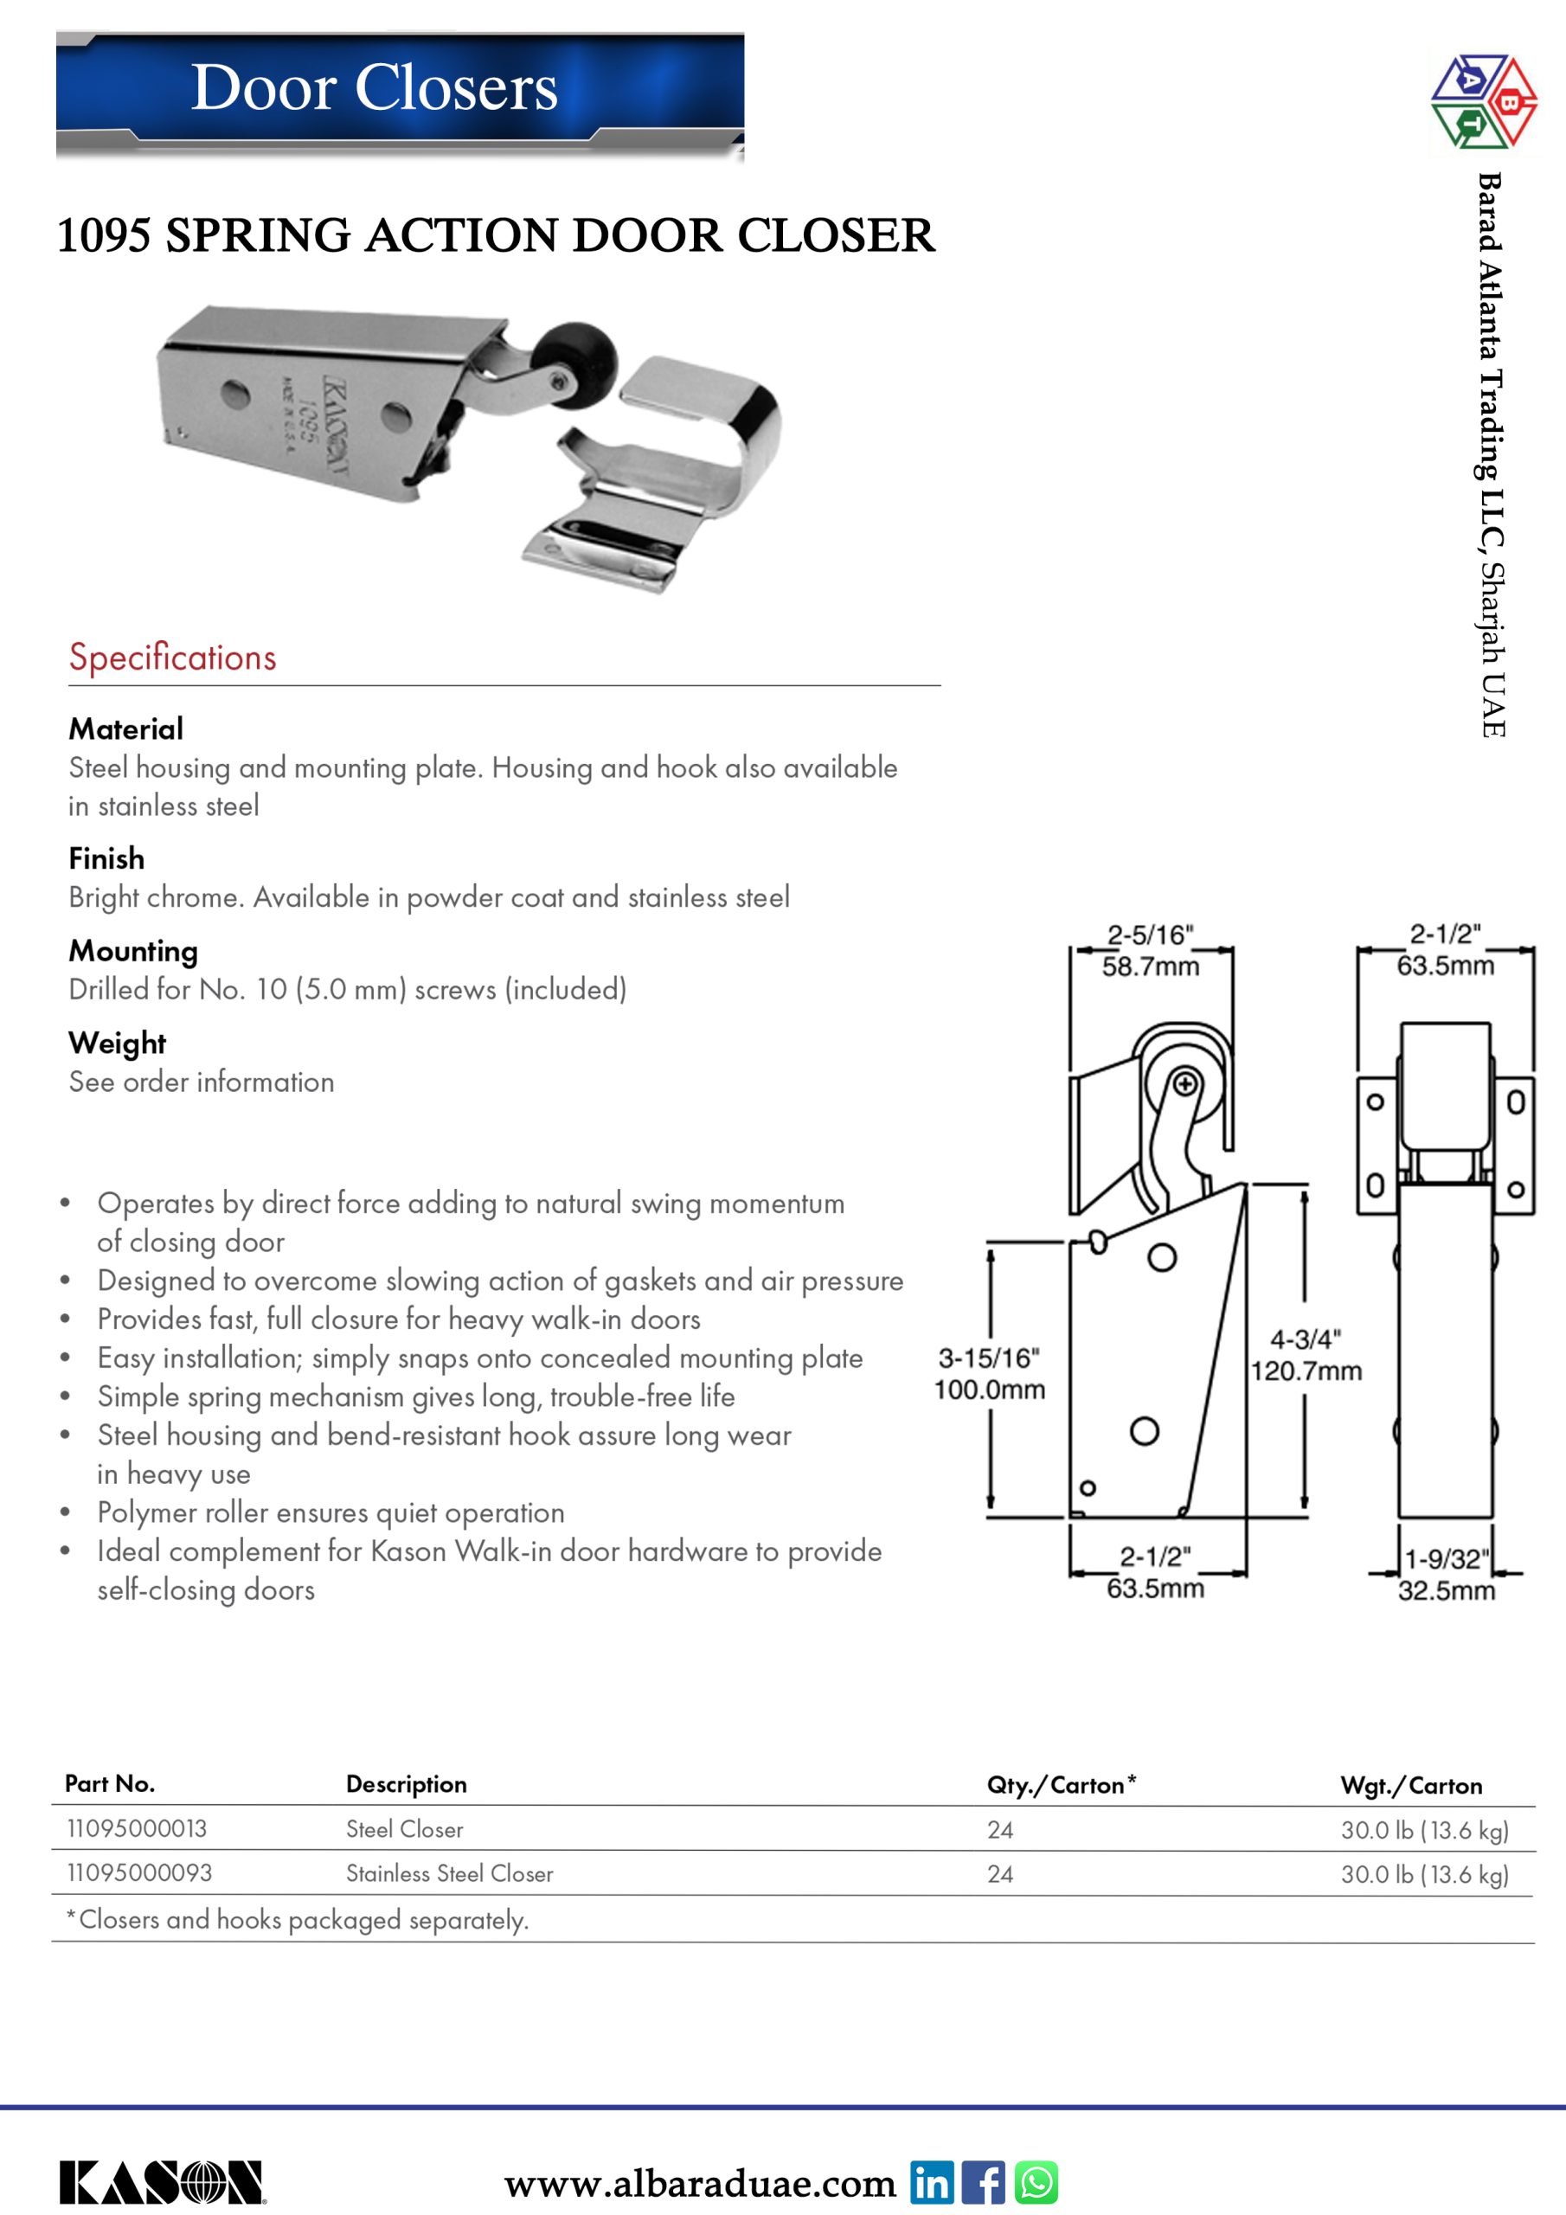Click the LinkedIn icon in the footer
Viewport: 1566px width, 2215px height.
931,2181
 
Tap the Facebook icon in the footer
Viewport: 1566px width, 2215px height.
983,2181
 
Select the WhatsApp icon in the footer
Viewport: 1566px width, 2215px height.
1037,2181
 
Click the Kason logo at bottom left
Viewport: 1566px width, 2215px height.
161,2182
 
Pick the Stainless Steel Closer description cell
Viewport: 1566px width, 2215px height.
450,1873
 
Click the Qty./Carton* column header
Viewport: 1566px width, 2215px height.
1061,1785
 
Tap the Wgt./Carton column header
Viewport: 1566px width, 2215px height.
1410,1786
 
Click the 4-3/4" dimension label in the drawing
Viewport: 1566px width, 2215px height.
1305,1339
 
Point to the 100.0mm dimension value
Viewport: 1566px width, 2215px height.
989,1390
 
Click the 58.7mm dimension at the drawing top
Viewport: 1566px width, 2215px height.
1150,966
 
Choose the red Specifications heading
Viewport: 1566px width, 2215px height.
173,657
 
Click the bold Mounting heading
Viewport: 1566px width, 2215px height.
133,951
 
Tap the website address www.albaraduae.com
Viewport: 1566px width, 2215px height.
700,2183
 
